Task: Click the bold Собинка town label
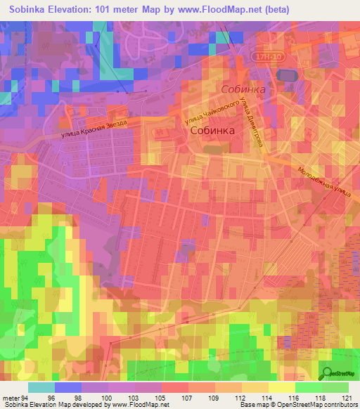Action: coord(214,131)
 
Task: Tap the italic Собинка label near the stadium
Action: coord(243,90)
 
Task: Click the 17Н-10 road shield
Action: coord(266,54)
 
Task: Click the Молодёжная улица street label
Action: coord(323,180)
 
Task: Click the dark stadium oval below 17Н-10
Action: coord(286,74)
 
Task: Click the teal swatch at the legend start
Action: coord(41,387)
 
